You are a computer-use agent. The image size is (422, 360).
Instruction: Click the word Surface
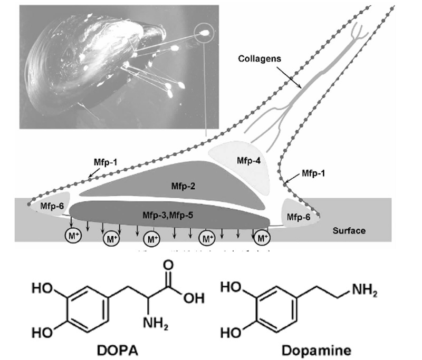349,230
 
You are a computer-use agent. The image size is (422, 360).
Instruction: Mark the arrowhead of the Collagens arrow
301,87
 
